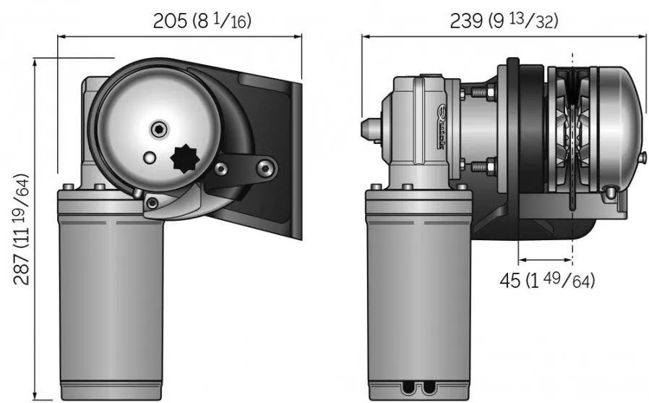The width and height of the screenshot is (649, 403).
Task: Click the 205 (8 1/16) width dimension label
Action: click(x=202, y=21)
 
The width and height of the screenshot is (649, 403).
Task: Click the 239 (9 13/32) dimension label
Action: click(x=503, y=21)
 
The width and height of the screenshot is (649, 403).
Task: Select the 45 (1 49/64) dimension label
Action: click(x=549, y=280)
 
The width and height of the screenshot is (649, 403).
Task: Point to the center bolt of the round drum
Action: click(x=158, y=130)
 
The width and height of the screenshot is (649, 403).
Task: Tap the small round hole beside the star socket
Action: click(x=149, y=157)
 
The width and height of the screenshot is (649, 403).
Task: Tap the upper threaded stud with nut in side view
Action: click(x=481, y=93)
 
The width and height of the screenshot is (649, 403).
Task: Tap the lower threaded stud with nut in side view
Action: click(x=481, y=166)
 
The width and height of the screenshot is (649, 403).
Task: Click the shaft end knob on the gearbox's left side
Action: click(x=370, y=128)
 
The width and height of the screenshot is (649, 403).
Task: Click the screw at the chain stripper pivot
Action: click(x=152, y=203)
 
